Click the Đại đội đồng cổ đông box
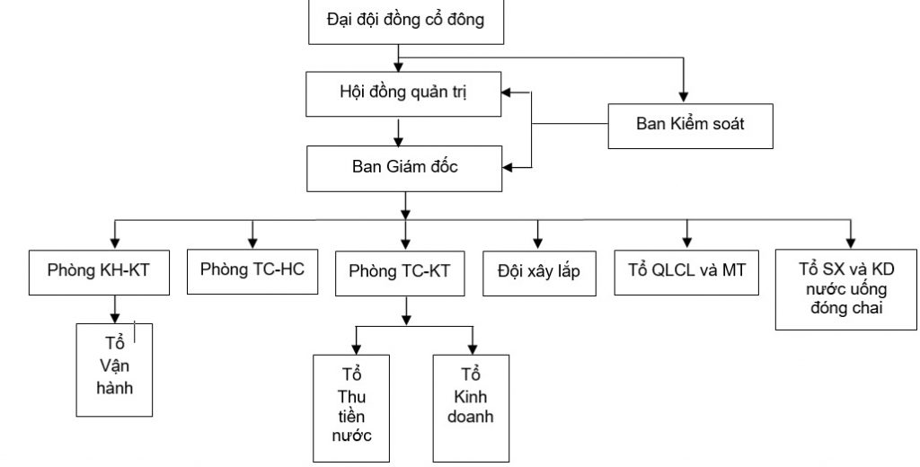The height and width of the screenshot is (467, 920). tap(406, 22)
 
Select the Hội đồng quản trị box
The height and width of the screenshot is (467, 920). tap(403, 94)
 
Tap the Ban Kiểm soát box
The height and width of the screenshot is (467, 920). tap(691, 126)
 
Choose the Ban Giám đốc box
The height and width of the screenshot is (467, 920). tap(404, 168)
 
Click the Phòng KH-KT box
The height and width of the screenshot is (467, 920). tap(99, 272)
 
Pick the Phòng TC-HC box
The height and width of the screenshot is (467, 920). tap(252, 271)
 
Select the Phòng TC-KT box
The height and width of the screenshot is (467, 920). tap(400, 273)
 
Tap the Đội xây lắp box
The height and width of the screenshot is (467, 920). tap(539, 273)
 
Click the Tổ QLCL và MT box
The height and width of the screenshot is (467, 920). tap(686, 272)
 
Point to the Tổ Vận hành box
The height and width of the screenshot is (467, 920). tap(114, 370)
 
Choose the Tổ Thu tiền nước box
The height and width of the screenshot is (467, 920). tap(351, 409)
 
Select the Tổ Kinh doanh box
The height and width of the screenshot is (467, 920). tap(471, 409)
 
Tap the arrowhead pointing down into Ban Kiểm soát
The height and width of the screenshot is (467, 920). tap(683, 97)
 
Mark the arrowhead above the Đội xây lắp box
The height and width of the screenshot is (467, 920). tap(538, 242)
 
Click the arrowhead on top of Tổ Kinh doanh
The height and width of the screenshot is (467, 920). tap(473, 348)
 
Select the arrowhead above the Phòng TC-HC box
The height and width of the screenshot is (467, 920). tap(252, 242)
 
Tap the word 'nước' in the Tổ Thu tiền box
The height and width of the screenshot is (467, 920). tap(351, 436)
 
